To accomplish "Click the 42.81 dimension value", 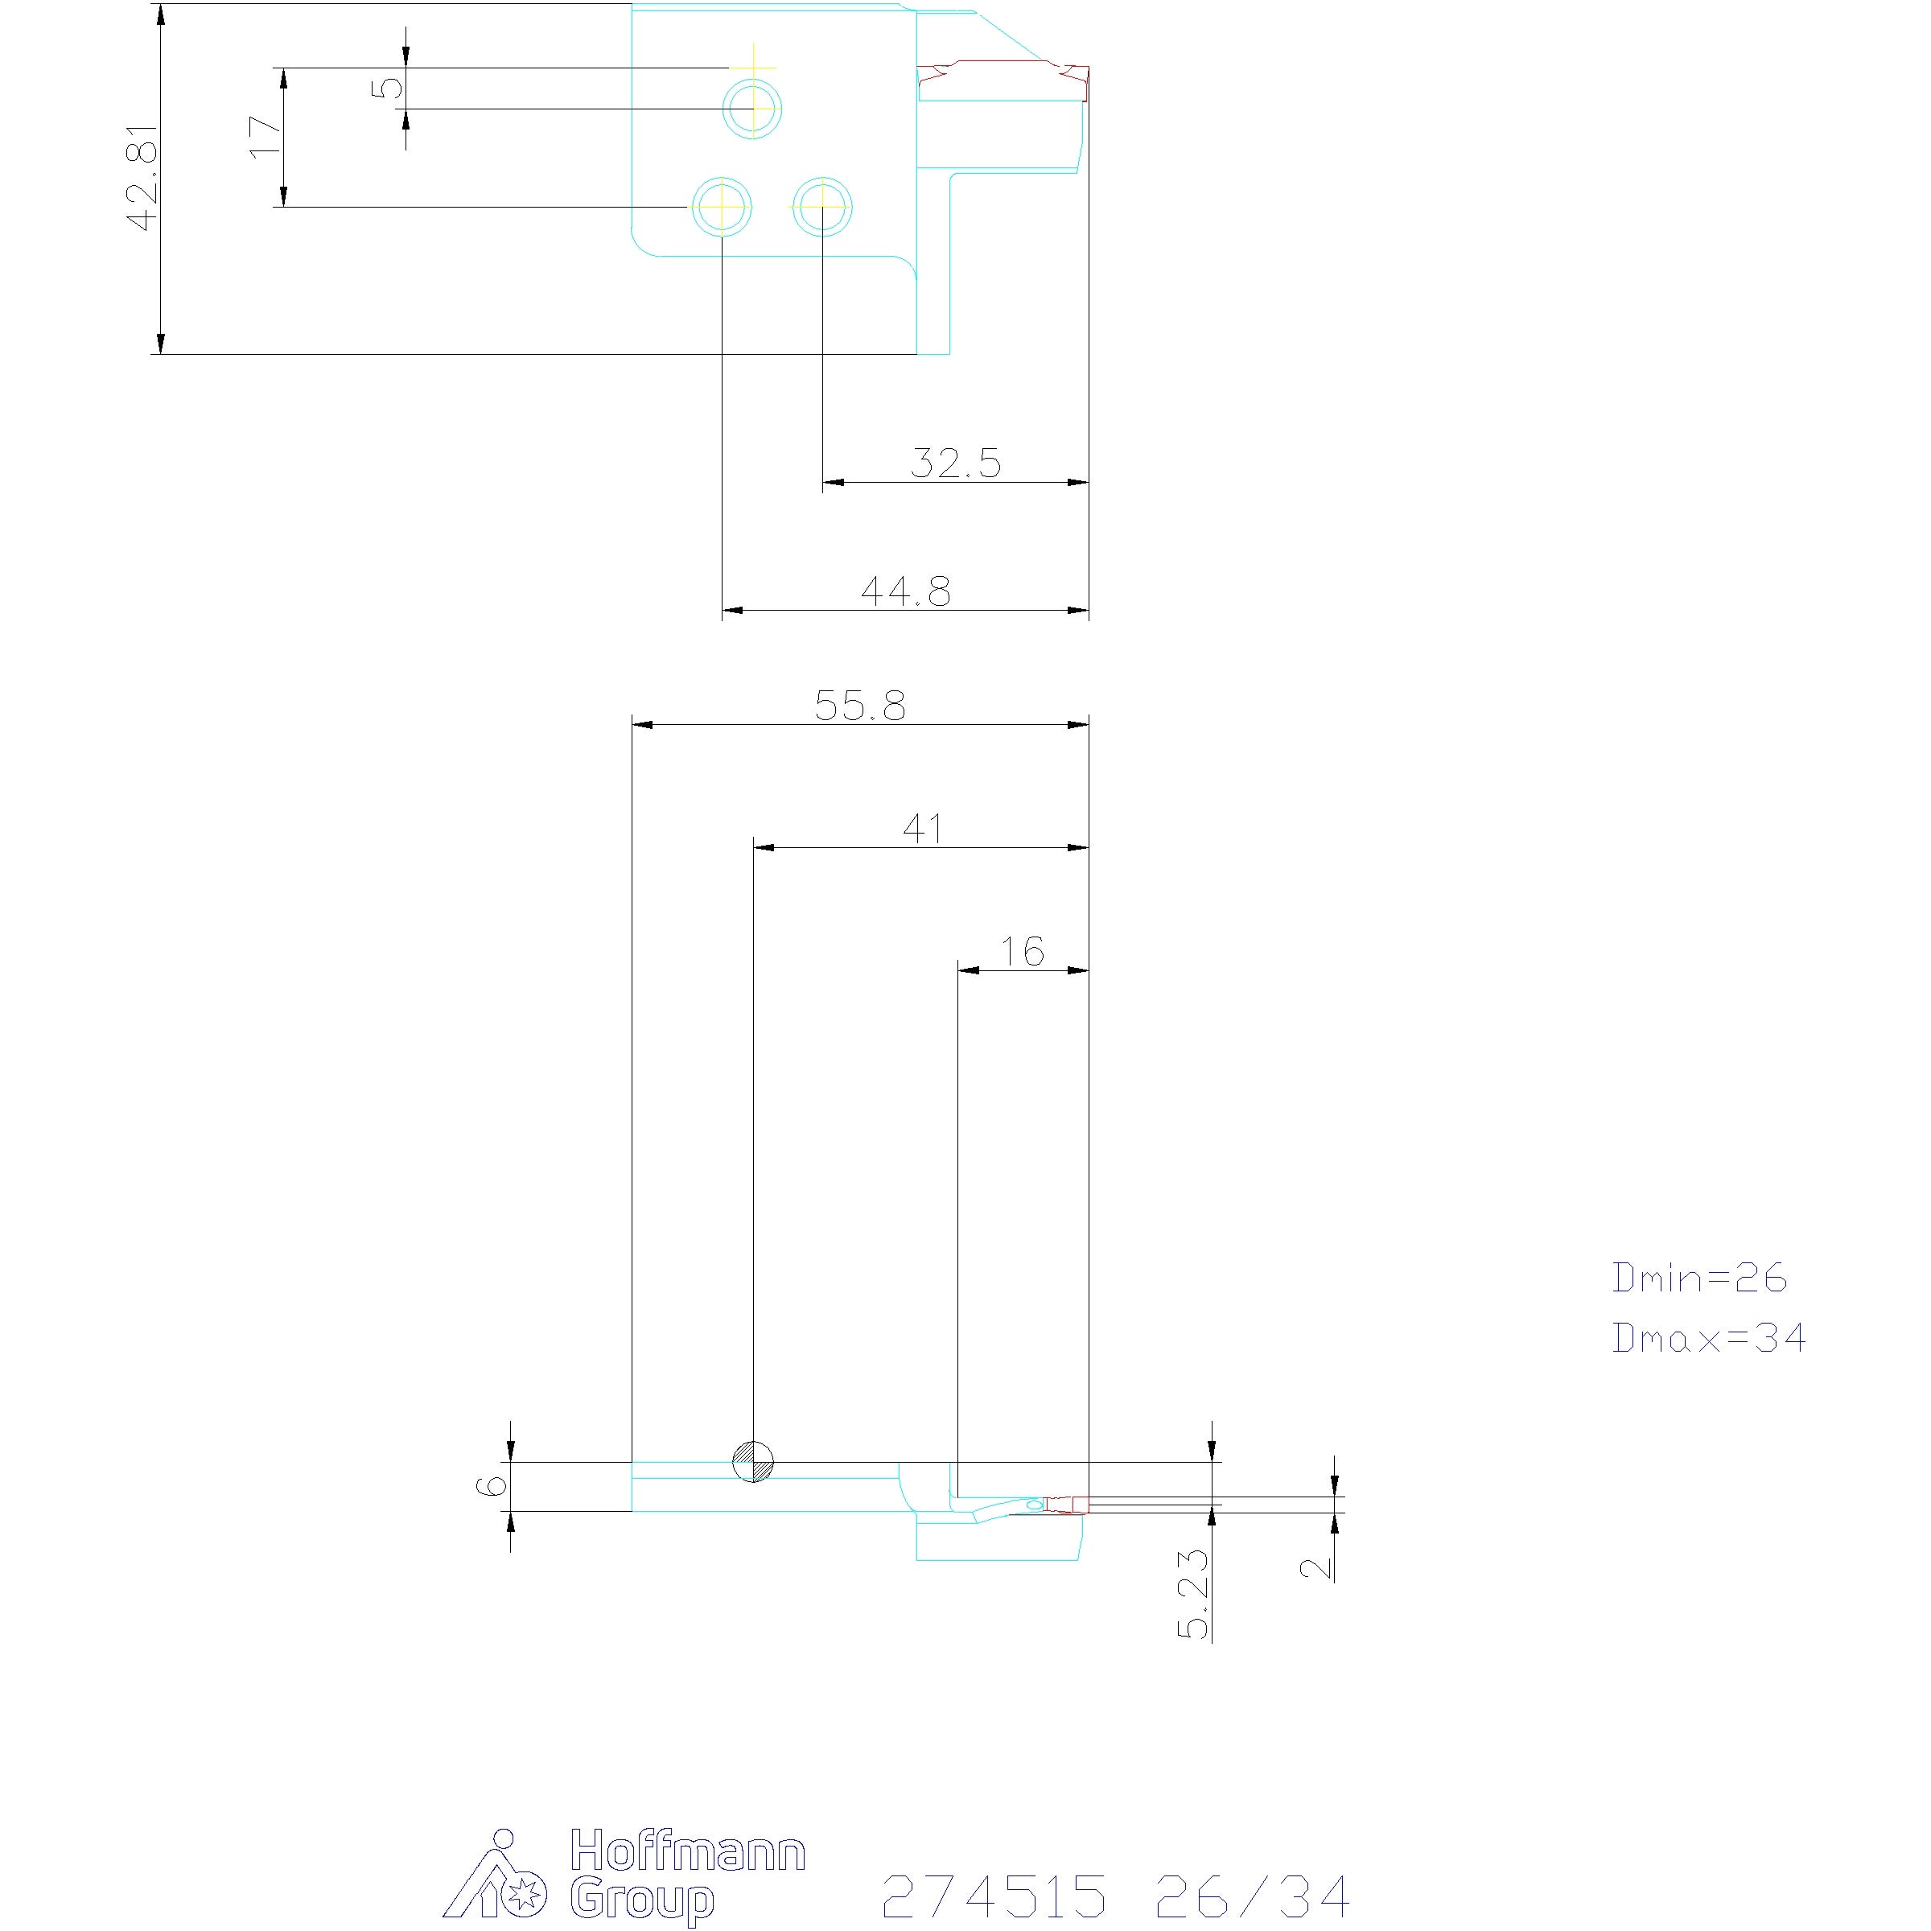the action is coord(143,178).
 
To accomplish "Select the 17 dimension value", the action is coord(265,136).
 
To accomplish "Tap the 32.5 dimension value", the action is coord(956,463).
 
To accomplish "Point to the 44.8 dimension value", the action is coord(905,591).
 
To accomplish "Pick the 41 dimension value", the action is coord(923,828).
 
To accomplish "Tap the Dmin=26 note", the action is coord(1699,1278).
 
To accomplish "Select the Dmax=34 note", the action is coord(1709,1337).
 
